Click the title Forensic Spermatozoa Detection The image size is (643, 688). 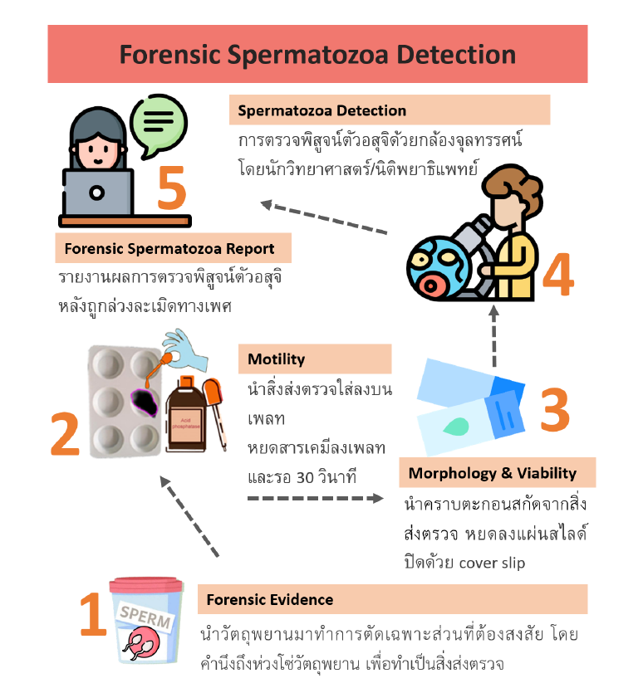pyautogui.click(x=317, y=55)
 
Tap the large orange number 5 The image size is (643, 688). pyautogui.click(x=172, y=188)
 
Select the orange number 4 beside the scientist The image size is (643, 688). pyautogui.click(x=558, y=275)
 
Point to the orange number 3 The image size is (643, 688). pyautogui.click(x=555, y=409)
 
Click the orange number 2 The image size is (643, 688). pyautogui.click(x=65, y=433)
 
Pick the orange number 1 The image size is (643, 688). pyautogui.click(x=93, y=614)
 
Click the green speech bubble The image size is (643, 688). pyautogui.click(x=159, y=124)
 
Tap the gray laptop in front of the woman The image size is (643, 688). pyautogui.click(x=97, y=193)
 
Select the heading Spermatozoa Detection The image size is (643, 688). pyautogui.click(x=322, y=110)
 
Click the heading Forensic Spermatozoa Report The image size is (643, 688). pyautogui.click(x=169, y=249)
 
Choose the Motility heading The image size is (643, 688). pyautogui.click(x=277, y=359)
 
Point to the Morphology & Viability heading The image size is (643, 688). pyautogui.click(x=493, y=473)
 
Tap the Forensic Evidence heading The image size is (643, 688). pyautogui.click(x=270, y=599)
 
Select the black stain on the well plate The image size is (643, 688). pyautogui.click(x=145, y=403)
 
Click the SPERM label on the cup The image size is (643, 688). pyautogui.click(x=145, y=617)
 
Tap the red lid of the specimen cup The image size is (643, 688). pyautogui.click(x=146, y=585)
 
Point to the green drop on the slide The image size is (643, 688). pyautogui.click(x=456, y=426)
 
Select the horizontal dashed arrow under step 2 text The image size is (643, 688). pyautogui.click(x=316, y=498)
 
